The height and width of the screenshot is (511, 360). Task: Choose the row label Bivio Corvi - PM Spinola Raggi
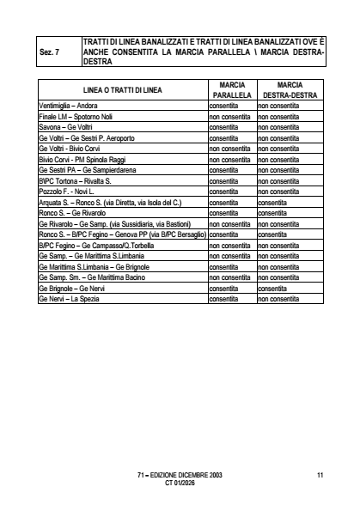[x=83, y=160]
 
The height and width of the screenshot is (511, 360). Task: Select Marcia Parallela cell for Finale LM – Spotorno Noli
[x=232, y=116]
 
